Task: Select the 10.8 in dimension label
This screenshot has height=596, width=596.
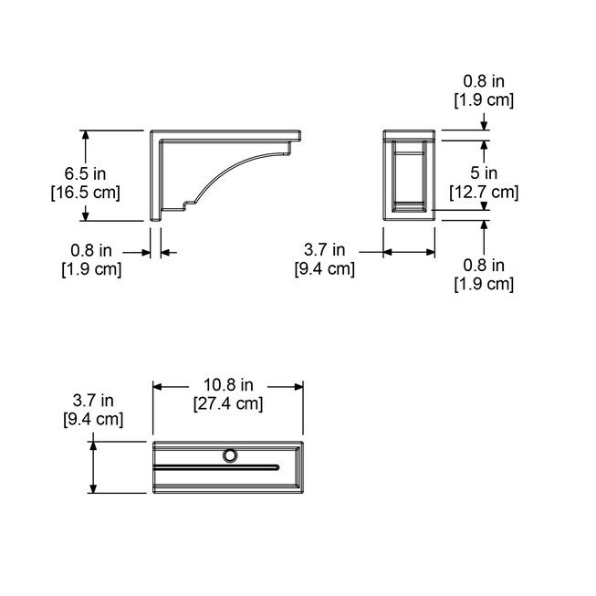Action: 227,383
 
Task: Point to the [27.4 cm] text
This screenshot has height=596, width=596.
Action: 227,403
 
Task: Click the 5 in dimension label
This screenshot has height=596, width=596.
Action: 485,173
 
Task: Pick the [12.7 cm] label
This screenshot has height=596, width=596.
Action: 485,192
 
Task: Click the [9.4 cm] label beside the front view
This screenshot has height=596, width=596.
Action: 324,267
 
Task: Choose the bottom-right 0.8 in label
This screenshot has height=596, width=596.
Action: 484,265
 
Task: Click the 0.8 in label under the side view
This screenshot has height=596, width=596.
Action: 91,248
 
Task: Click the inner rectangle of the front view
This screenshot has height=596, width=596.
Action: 408,175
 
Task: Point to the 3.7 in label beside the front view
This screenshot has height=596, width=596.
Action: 325,248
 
